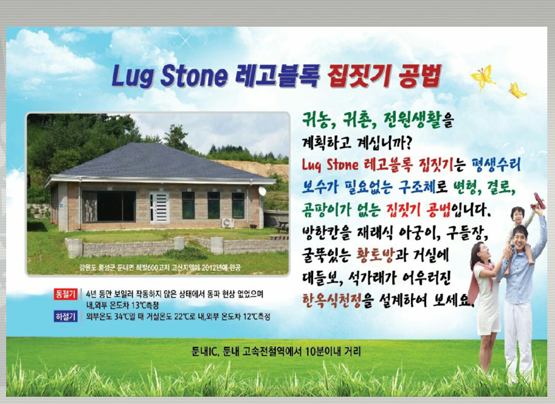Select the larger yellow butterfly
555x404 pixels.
tap(483, 77)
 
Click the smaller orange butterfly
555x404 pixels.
tap(517, 91)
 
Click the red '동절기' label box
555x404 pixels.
tap(65, 294)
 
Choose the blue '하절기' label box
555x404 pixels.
tap(65, 316)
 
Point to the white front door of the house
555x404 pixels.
tap(159, 207)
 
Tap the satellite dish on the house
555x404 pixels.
tap(262, 191)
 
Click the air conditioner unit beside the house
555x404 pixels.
tap(228, 223)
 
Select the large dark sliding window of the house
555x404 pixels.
tap(109, 206)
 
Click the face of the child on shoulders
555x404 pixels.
tap(518, 216)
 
